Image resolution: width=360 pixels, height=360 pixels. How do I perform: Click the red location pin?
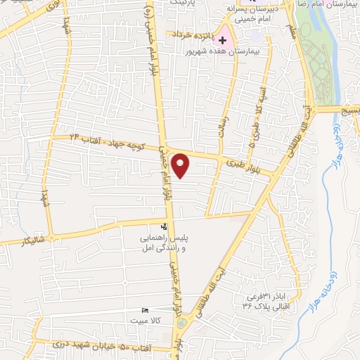coord(181,165)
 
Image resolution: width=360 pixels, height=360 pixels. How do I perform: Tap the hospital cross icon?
coord(223,40)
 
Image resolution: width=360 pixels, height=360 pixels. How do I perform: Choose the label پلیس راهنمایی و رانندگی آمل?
coord(168,243)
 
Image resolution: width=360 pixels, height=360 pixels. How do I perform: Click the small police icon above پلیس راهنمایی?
coord(164,226)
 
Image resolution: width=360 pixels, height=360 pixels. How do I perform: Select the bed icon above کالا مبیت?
coord(146,311)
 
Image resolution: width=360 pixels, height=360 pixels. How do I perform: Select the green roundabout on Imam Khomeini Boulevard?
coord(183,323)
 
